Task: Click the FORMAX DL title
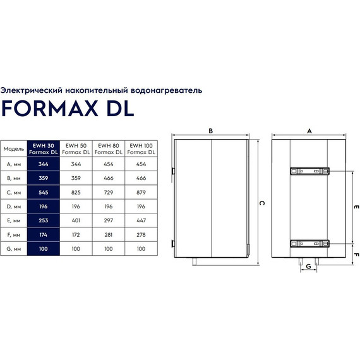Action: pyautogui.click(x=68, y=108)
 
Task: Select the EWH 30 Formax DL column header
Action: pyautogui.click(x=44, y=149)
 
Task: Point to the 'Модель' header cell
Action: pyautogui.click(x=13, y=149)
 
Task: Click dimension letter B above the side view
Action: pyautogui.click(x=211, y=131)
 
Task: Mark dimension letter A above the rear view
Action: pyautogui.click(x=309, y=131)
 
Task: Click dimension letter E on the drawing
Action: pyautogui.click(x=356, y=207)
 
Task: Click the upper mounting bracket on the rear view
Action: pyautogui.click(x=309, y=171)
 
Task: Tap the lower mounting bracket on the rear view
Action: pyautogui.click(x=309, y=243)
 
